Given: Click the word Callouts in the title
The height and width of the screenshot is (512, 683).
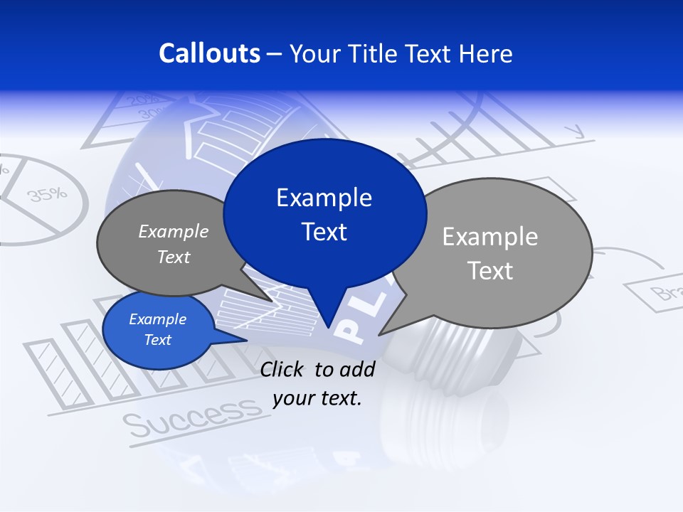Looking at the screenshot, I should point(210,53).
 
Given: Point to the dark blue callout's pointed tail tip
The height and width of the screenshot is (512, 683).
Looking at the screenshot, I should point(328,328).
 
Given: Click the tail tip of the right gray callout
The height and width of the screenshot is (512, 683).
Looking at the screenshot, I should point(379,335).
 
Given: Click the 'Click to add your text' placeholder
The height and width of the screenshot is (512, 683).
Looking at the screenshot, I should point(317,384).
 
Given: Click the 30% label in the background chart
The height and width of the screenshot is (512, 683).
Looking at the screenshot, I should point(149,114).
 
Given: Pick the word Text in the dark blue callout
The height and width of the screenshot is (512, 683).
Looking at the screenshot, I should point(324,232).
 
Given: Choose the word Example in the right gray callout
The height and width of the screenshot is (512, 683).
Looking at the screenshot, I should point(490,237).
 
